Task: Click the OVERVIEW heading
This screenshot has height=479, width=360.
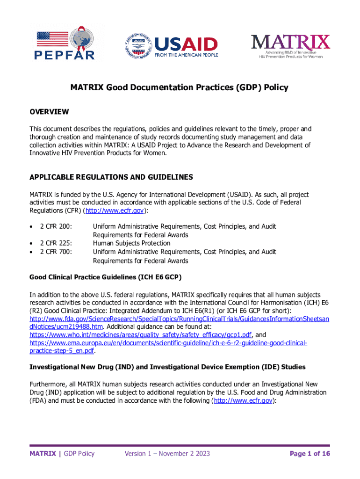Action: click(x=49, y=112)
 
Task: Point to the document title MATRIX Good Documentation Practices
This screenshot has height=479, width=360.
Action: click(x=179, y=87)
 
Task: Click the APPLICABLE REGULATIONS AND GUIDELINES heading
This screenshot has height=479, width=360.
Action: click(x=111, y=177)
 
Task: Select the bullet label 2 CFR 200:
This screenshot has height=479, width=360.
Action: click(x=56, y=226)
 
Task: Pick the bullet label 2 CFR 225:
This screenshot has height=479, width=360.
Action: click(x=56, y=243)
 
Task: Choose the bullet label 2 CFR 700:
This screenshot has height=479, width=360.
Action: click(x=56, y=252)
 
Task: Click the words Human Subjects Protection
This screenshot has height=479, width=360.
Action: click(x=131, y=243)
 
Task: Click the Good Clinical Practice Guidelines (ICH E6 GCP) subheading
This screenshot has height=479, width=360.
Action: click(x=106, y=277)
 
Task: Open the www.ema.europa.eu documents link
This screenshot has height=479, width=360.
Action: click(x=168, y=343)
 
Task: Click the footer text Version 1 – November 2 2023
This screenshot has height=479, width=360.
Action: click(x=167, y=453)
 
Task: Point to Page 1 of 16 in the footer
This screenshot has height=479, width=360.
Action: click(x=310, y=453)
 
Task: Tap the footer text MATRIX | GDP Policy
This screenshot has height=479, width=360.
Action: click(x=62, y=453)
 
